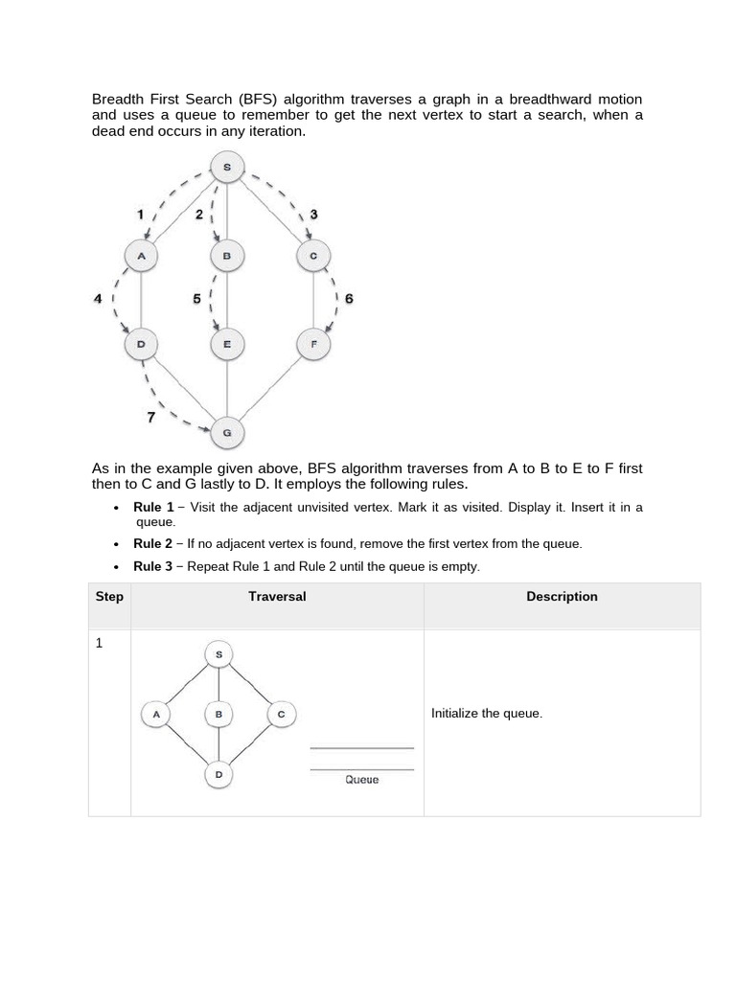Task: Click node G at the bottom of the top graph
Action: [x=227, y=432]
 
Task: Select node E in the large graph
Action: [x=227, y=344]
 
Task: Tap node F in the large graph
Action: [x=313, y=344]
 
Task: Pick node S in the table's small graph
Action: [x=218, y=655]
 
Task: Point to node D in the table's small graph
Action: [x=218, y=774]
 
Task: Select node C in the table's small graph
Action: [x=281, y=714]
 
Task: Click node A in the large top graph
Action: [x=141, y=256]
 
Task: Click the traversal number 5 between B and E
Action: [x=196, y=299]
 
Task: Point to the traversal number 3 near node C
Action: [x=312, y=215]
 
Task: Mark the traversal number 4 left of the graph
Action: [x=98, y=299]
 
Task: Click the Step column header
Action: [x=109, y=597]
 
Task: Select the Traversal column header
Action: [x=277, y=597]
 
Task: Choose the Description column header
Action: [x=562, y=597]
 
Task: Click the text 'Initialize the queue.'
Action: [x=487, y=714]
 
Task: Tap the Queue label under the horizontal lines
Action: [x=361, y=780]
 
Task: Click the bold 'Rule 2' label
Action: [x=153, y=543]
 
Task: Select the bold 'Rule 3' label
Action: [x=153, y=566]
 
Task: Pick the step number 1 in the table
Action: [x=99, y=644]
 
